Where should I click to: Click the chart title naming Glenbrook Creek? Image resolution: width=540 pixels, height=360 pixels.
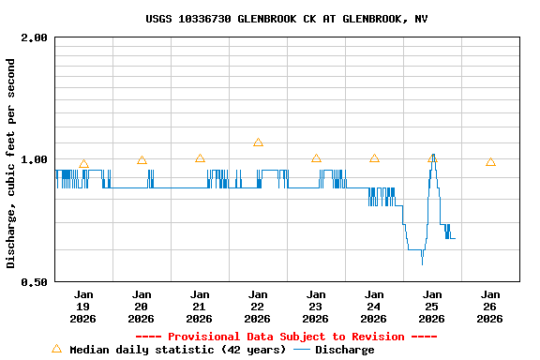tap(287, 19)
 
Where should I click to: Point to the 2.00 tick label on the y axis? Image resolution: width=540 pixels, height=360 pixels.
tap(34, 38)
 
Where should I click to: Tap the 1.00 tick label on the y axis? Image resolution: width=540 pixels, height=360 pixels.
tap(34, 160)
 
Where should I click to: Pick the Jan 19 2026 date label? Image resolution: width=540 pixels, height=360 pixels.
tap(83, 307)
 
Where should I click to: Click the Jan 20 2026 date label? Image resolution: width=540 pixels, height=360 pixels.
tap(142, 307)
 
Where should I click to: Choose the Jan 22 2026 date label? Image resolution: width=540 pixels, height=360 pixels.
tap(258, 307)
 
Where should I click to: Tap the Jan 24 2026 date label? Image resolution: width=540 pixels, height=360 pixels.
tap(374, 307)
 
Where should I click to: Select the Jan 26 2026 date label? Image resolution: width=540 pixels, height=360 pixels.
tap(490, 307)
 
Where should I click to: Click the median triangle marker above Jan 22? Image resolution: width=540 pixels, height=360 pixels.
tap(258, 142)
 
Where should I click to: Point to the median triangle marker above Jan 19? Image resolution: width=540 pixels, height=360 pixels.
tap(83, 164)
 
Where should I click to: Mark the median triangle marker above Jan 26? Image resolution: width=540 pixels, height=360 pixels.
tap(490, 162)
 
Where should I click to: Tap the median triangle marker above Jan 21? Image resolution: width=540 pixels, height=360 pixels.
tap(200, 158)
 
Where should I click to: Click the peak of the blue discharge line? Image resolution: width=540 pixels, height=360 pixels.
tap(433, 156)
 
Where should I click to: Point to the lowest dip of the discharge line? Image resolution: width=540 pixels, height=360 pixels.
tap(422, 263)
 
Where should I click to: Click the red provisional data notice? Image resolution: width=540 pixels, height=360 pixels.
tap(286, 337)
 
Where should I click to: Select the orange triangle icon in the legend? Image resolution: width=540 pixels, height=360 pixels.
tap(56, 349)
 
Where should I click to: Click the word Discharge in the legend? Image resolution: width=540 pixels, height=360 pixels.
tap(344, 350)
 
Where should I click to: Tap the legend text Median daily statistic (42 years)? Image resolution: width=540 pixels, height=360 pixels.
tap(177, 350)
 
